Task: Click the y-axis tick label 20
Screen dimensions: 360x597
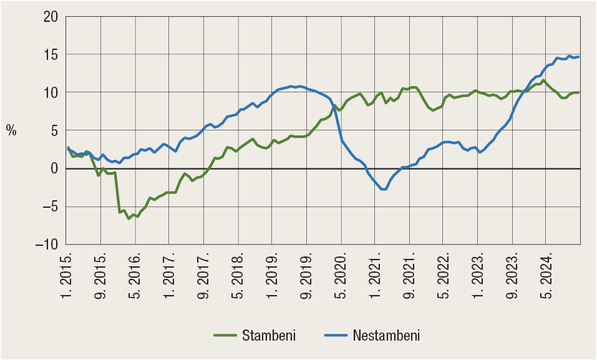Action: coord(50,17)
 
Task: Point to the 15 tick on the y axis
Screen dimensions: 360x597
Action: coord(50,55)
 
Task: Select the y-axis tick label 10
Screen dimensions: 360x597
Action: coord(50,93)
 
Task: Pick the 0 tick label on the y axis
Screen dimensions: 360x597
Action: coord(54,169)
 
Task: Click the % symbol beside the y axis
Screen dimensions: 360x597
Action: coord(11,130)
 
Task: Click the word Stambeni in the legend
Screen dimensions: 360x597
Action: coord(268,336)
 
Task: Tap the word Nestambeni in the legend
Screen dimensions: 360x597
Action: coord(386,336)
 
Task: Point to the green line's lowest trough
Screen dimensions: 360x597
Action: coord(129,218)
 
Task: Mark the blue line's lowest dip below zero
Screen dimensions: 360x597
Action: coord(384,189)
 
